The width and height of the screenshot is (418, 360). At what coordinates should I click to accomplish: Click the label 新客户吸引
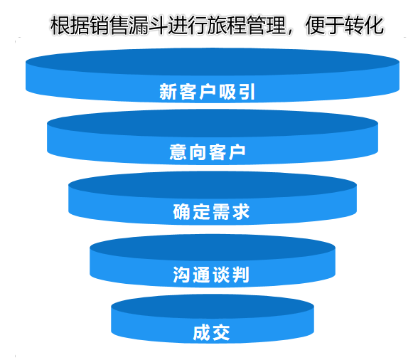207,92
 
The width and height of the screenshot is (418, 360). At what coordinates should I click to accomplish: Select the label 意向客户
207,152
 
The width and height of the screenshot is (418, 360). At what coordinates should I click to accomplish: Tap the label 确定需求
211,211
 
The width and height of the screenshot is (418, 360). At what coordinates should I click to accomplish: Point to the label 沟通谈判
211,275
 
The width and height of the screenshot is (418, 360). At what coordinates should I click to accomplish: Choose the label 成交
211,332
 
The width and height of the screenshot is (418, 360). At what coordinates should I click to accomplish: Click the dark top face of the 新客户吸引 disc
213,61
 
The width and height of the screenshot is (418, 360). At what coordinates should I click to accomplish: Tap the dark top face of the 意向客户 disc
213,123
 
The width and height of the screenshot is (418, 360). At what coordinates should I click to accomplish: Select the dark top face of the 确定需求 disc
213,185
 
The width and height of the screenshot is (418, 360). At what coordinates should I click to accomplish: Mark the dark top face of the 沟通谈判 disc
213,247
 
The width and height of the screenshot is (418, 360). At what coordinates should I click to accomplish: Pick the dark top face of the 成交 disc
213,307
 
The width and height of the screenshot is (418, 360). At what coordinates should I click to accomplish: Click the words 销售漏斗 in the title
129,26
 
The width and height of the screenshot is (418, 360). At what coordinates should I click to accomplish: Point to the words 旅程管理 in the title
246,26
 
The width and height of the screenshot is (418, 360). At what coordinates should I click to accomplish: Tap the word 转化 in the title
364,26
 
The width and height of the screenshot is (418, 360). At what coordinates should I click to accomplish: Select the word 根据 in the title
70,26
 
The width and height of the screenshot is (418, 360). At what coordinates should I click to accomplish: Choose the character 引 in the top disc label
247,92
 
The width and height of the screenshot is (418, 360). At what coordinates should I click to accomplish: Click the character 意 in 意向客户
178,152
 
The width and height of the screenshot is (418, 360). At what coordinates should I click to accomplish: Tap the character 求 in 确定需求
241,211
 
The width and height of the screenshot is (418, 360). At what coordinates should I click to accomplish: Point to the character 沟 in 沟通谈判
181,275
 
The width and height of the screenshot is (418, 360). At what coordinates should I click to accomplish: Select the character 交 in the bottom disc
221,332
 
